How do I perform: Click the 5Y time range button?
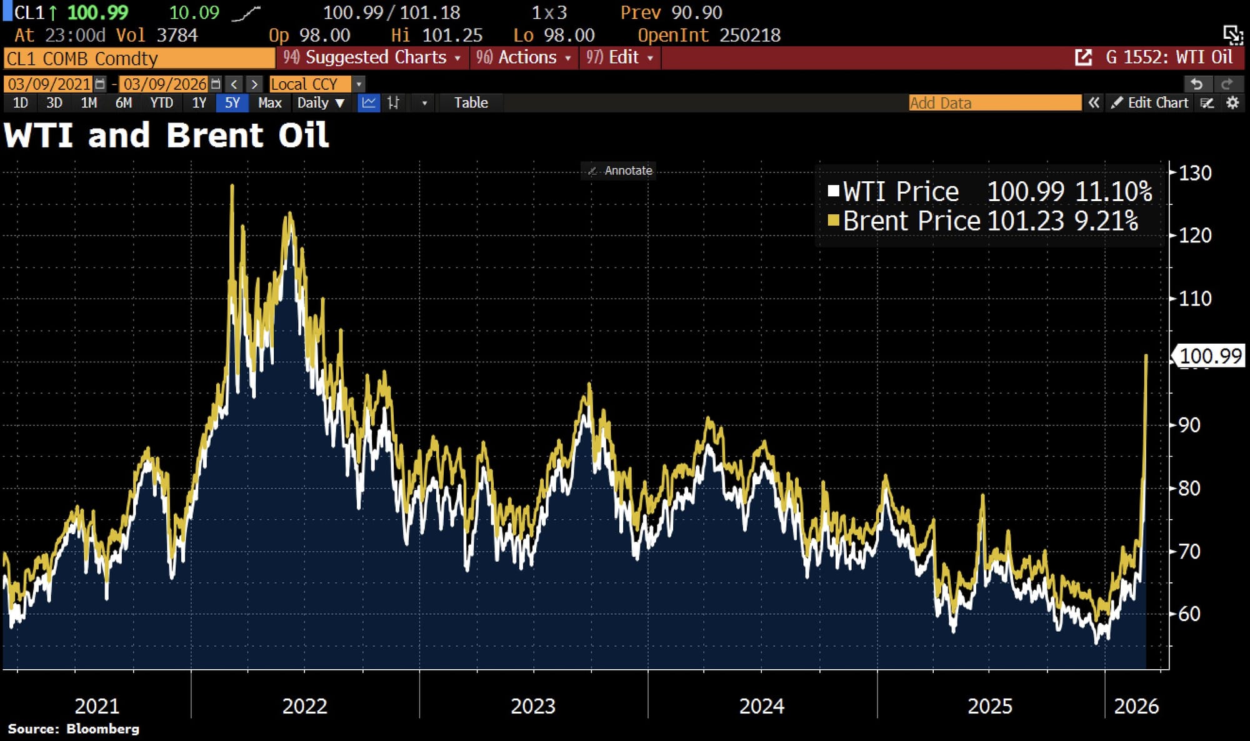point(232,103)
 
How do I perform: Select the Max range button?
point(269,103)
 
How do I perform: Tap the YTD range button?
point(161,103)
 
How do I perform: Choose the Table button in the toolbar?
point(471,103)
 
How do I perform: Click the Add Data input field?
point(994,103)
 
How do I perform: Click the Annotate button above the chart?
point(621,171)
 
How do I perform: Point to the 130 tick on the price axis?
point(1194,173)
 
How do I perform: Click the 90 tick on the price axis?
point(1189,425)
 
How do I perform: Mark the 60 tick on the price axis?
point(1189,614)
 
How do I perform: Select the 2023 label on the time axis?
point(533,706)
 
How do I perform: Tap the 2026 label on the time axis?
point(1136,706)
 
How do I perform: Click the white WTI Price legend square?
point(833,191)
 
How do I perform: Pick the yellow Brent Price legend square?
point(833,221)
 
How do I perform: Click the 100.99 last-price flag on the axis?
point(1210,356)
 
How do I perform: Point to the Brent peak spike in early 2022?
point(232,186)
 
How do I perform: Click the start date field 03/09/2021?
point(49,84)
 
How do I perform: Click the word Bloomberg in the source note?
point(102,729)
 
